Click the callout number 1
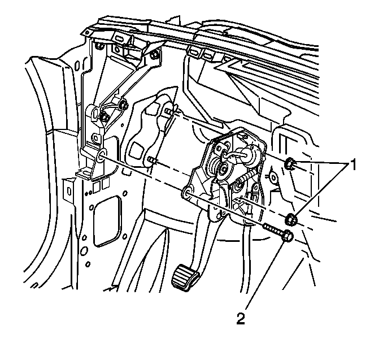tap(352, 164)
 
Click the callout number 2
tap(241, 319)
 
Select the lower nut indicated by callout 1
tap(291, 218)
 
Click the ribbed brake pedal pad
tap(186, 277)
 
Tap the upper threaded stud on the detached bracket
tap(169, 112)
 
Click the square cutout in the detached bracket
tap(136, 150)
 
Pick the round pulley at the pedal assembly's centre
tap(224, 170)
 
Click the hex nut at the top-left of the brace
tap(98, 45)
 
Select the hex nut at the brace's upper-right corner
tap(154, 55)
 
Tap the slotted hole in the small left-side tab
tap(69, 190)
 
